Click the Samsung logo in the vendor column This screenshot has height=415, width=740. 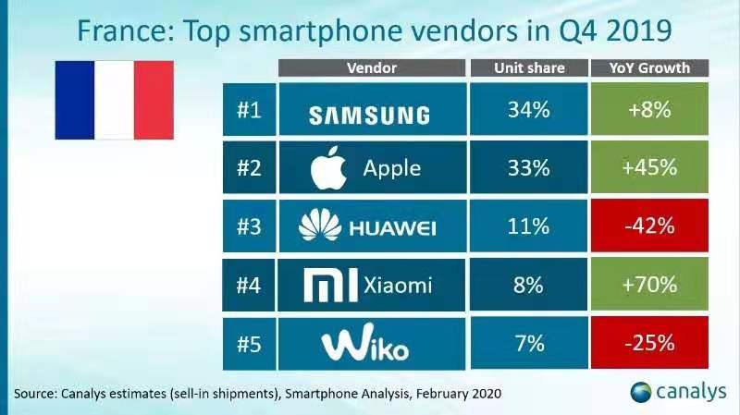(x=368, y=114)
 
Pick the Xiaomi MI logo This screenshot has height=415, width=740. (x=325, y=285)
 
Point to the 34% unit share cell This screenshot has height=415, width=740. (x=529, y=111)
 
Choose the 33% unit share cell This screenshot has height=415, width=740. (x=529, y=168)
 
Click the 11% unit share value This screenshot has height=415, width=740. (x=529, y=226)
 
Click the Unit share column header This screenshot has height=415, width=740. (x=529, y=68)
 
